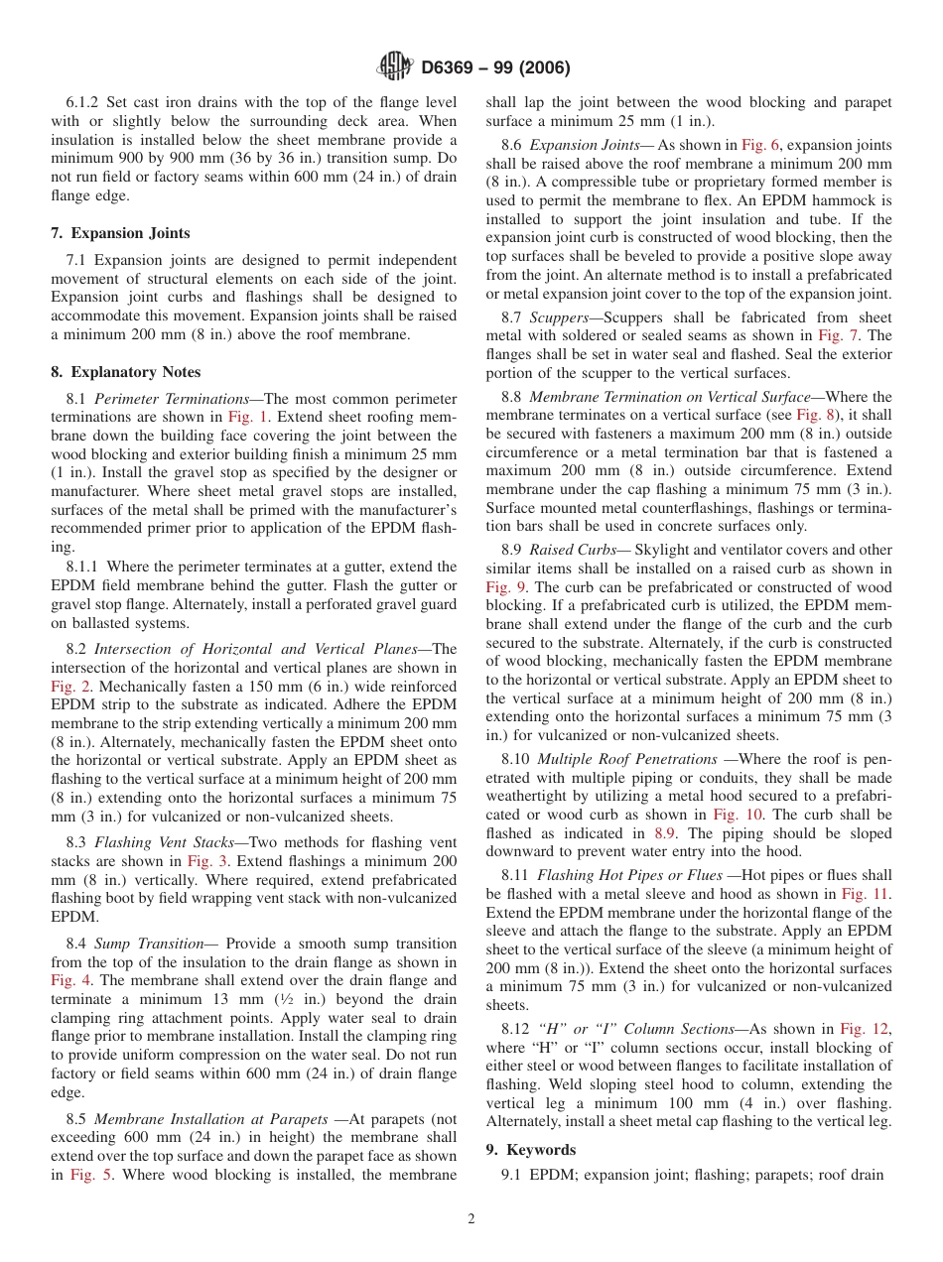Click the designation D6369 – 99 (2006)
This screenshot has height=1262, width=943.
495,68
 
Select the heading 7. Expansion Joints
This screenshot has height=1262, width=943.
120,233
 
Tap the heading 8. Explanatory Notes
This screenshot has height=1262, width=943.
125,372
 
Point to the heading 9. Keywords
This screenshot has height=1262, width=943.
530,1150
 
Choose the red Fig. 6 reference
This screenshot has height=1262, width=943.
760,144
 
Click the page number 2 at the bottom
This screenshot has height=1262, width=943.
471,1219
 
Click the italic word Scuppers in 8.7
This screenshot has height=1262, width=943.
560,317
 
